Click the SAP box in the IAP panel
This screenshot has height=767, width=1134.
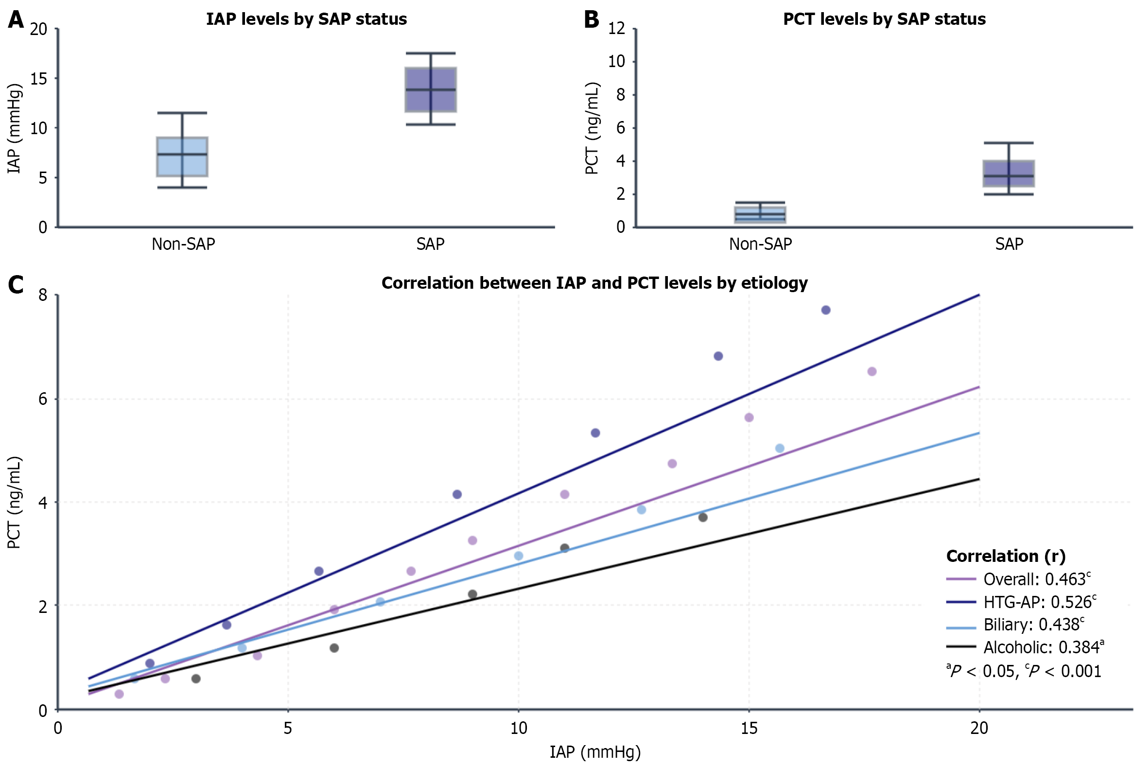coord(431,90)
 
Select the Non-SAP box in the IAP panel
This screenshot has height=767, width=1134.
coord(182,156)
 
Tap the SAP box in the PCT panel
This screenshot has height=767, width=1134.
coord(1009,173)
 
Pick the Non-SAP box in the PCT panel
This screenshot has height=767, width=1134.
coord(760,215)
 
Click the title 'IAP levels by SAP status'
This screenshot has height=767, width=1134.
coord(306,19)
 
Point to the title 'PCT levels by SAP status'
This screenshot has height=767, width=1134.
coord(884,19)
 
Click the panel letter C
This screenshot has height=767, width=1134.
coord(16,284)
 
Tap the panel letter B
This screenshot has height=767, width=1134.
coord(592,19)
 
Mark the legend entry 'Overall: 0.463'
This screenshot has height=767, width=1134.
coord(1034,579)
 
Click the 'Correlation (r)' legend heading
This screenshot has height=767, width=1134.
coord(1006,556)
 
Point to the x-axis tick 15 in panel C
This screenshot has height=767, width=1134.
coord(749,728)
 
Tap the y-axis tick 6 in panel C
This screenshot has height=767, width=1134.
coord(43,399)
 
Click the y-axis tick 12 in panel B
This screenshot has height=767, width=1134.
coord(616,28)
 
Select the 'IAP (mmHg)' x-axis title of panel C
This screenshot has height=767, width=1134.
coord(595,752)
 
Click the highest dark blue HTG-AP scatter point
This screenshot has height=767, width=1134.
coord(826,310)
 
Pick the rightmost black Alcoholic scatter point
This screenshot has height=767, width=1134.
coord(703,517)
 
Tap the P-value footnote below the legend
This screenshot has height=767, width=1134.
coord(1023,671)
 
